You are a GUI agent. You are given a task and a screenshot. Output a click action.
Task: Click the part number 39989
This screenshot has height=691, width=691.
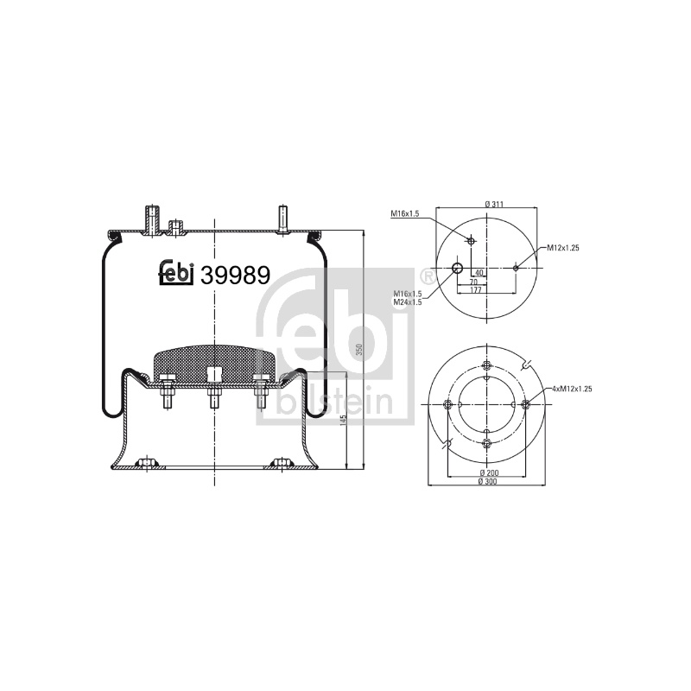(235, 276)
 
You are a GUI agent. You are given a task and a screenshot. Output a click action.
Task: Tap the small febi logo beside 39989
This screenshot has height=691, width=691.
(176, 272)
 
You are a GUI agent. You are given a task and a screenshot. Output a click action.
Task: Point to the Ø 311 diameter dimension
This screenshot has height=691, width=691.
(494, 204)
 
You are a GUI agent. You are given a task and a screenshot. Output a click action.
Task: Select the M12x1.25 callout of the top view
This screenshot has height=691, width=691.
(563, 248)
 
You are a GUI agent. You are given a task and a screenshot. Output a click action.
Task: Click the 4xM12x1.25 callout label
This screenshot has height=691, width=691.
(572, 389)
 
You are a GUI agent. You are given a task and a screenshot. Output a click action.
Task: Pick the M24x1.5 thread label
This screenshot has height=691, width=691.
(408, 301)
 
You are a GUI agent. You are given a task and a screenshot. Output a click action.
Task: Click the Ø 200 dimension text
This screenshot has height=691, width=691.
(487, 472)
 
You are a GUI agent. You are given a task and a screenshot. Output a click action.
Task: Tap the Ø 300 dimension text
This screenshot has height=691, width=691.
(487, 482)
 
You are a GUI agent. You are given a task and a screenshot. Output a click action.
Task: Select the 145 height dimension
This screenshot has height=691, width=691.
(344, 421)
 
